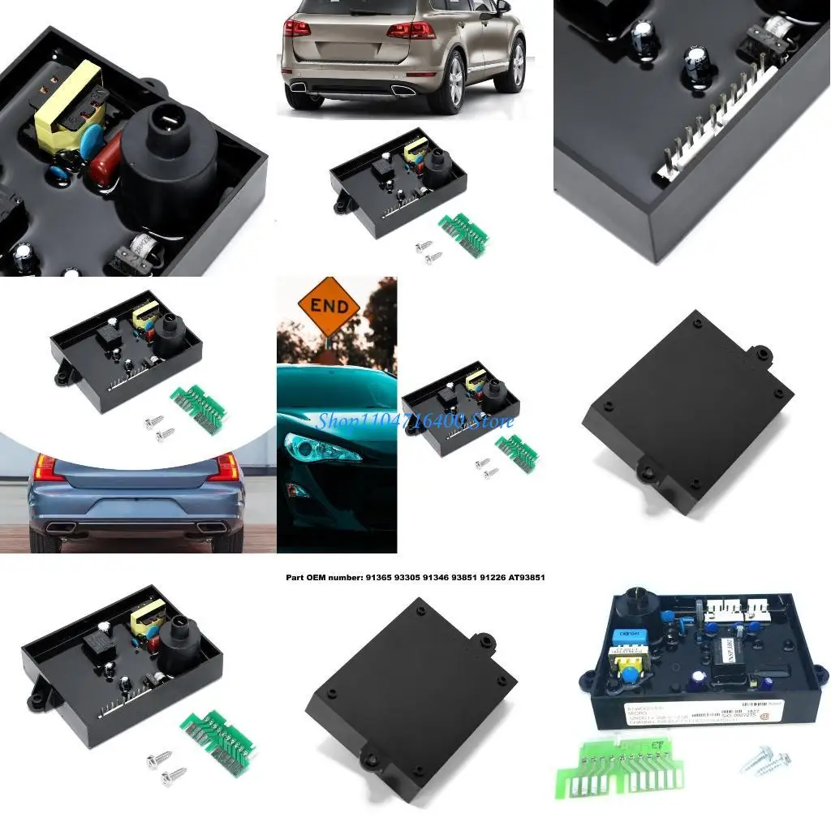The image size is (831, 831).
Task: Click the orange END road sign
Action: [328, 307]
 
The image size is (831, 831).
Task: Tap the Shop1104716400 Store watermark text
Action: [414, 420]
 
